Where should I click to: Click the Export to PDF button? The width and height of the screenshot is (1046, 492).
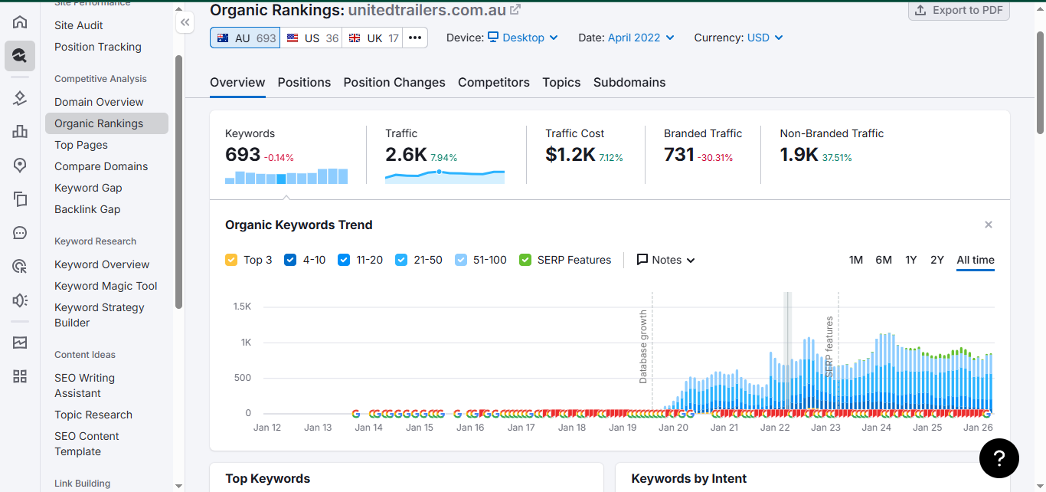click(959, 10)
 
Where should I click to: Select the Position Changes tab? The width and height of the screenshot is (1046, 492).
click(394, 82)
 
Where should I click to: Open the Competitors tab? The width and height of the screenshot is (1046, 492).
click(494, 82)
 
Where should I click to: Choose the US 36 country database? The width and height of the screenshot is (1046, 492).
click(312, 38)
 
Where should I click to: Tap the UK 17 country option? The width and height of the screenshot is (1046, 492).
click(373, 38)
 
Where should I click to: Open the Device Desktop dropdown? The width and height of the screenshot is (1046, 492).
click(523, 38)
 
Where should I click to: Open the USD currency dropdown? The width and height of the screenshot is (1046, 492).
click(764, 38)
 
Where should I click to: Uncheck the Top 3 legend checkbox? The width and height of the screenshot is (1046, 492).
click(231, 260)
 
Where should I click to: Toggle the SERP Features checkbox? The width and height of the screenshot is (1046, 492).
click(525, 260)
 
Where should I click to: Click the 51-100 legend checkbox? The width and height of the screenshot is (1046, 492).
click(461, 260)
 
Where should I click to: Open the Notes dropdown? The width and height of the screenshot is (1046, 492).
click(666, 260)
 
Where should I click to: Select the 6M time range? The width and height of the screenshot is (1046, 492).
click(884, 260)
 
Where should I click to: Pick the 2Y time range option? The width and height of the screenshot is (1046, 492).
click(936, 260)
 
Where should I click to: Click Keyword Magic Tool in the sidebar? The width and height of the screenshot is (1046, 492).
click(106, 286)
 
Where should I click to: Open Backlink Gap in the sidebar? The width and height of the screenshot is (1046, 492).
click(87, 209)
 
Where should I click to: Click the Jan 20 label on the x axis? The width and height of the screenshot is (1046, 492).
click(673, 428)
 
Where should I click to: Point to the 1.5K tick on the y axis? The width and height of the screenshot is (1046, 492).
click(242, 307)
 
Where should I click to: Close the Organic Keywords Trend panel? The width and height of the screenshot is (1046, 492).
click(989, 225)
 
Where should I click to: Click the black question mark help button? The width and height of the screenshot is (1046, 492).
click(999, 458)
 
